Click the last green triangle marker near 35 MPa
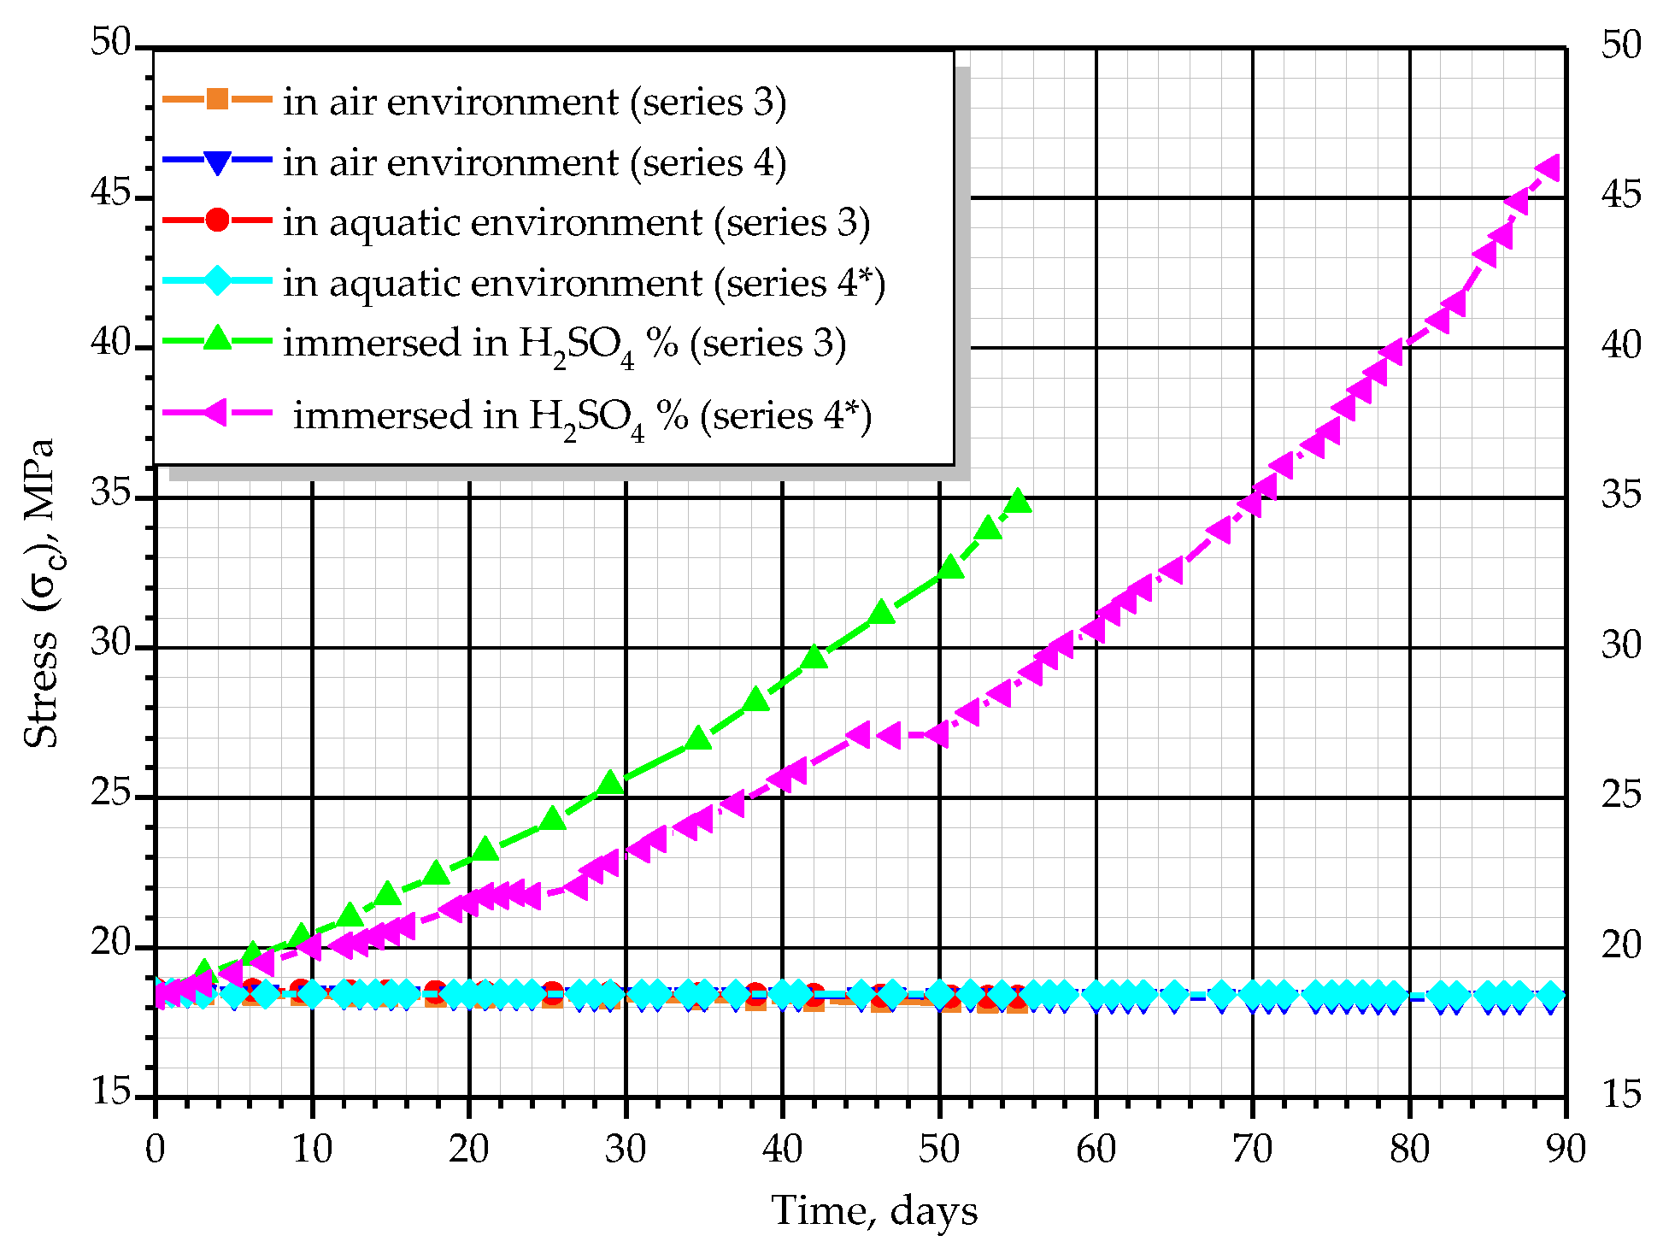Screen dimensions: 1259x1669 click(1018, 502)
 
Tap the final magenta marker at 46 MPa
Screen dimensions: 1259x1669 click(1549, 168)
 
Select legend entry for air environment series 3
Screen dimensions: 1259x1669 click(534, 102)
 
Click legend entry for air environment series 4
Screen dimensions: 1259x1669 click(534, 162)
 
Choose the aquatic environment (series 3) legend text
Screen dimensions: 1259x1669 click(577, 223)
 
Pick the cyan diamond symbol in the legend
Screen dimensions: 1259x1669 click(218, 281)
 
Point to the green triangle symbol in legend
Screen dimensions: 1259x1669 click(218, 339)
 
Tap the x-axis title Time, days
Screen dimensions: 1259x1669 click(874, 1211)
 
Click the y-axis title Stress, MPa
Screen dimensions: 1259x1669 click(40, 593)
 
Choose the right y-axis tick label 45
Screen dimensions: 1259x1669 click(1621, 196)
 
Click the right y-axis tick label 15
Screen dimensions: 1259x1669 click(1621, 1095)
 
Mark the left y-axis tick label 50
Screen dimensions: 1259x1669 click(111, 43)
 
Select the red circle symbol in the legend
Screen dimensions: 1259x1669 click(218, 221)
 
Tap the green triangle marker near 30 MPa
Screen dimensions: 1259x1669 click(814, 656)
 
